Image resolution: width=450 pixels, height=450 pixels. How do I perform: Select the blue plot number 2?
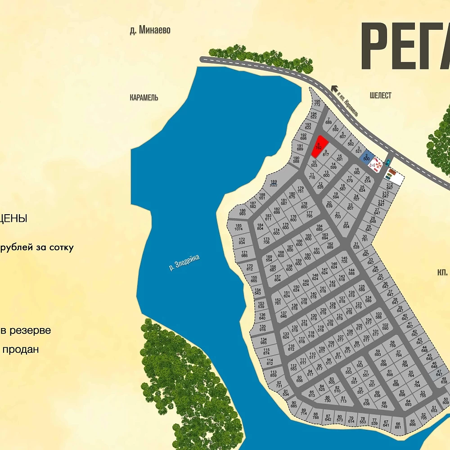click(366, 157)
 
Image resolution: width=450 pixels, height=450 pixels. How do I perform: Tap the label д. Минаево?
click(150, 31)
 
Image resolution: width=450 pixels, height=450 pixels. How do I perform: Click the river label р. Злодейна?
click(184, 263)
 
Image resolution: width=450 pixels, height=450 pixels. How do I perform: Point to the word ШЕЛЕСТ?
click(380, 95)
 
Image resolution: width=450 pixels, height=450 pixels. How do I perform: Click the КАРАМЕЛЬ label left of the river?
click(144, 98)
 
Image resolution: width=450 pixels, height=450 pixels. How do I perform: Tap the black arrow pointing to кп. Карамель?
click(334, 89)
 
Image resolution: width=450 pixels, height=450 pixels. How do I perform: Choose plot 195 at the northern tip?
click(317, 103)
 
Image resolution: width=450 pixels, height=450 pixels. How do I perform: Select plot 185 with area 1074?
click(238, 227)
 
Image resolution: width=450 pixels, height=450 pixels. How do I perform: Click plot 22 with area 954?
click(346, 225)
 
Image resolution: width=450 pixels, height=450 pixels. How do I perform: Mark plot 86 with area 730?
click(327, 398)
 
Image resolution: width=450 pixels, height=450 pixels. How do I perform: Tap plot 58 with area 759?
click(392, 344)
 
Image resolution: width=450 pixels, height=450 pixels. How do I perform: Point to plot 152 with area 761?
click(278, 301)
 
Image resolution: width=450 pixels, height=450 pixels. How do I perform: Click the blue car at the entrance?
click(387, 162)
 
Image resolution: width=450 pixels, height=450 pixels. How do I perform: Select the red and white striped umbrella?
click(374, 166)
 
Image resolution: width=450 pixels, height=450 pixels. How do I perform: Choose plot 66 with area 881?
click(398, 425)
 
